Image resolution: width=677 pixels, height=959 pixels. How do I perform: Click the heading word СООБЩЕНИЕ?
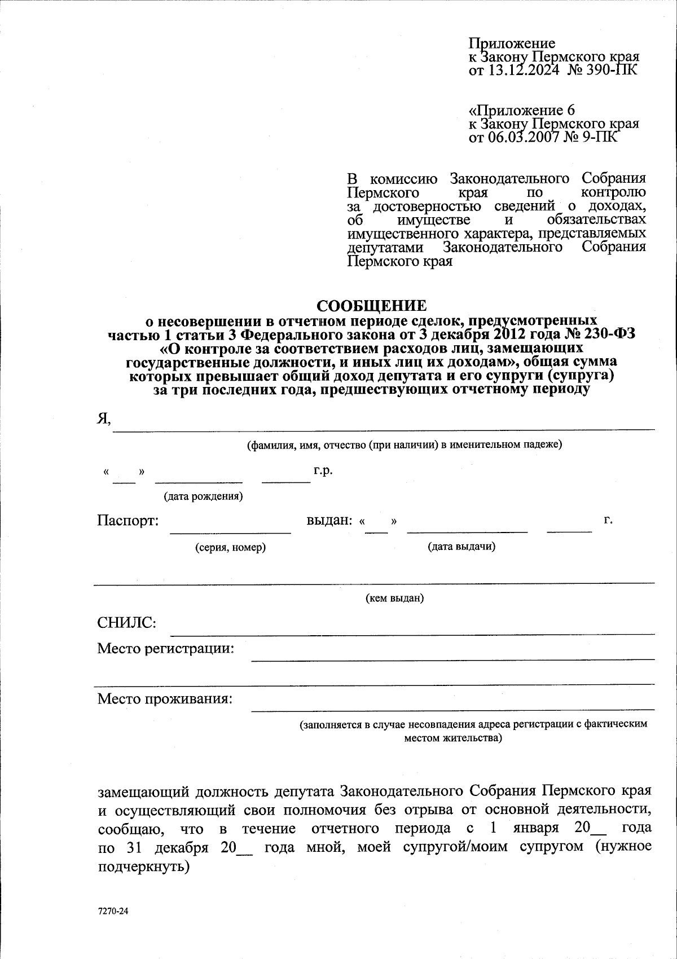(x=371, y=306)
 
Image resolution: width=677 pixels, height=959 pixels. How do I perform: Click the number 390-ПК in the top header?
(x=611, y=70)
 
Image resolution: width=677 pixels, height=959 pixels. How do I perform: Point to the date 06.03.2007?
(x=523, y=137)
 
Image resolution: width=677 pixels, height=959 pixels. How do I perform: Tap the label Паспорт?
(x=128, y=520)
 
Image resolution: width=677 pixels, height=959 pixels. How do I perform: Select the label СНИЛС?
(x=126, y=623)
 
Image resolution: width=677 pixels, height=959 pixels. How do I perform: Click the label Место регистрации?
(x=165, y=648)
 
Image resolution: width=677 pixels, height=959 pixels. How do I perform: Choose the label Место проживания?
(x=165, y=699)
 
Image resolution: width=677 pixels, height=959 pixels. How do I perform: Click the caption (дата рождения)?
(x=203, y=496)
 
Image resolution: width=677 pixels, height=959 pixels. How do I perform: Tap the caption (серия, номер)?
(x=230, y=547)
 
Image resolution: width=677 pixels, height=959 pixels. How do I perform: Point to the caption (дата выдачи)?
(x=461, y=546)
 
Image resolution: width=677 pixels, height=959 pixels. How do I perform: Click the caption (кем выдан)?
(x=395, y=598)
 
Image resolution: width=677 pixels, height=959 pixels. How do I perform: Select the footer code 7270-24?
(x=113, y=910)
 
